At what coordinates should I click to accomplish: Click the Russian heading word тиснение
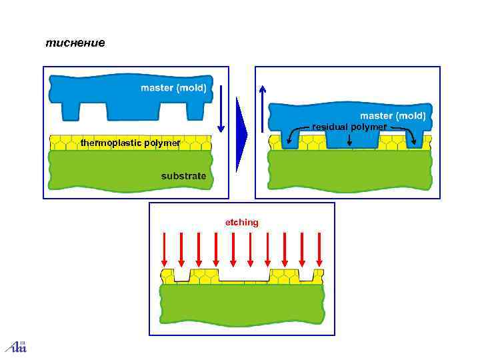(75, 43)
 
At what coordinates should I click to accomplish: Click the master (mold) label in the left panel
(173, 88)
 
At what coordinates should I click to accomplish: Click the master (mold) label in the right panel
(393, 115)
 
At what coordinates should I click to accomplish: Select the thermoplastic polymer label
(130, 143)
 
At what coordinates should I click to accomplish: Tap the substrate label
(183, 176)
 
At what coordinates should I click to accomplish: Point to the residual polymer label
(349, 127)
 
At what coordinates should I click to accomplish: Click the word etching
(241, 222)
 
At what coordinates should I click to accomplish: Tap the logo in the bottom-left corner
(16, 345)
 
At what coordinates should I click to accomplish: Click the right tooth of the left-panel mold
(194, 110)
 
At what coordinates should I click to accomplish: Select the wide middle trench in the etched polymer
(243, 275)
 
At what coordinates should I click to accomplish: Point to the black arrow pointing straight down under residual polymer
(350, 139)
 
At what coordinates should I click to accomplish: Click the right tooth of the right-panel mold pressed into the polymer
(414, 139)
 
